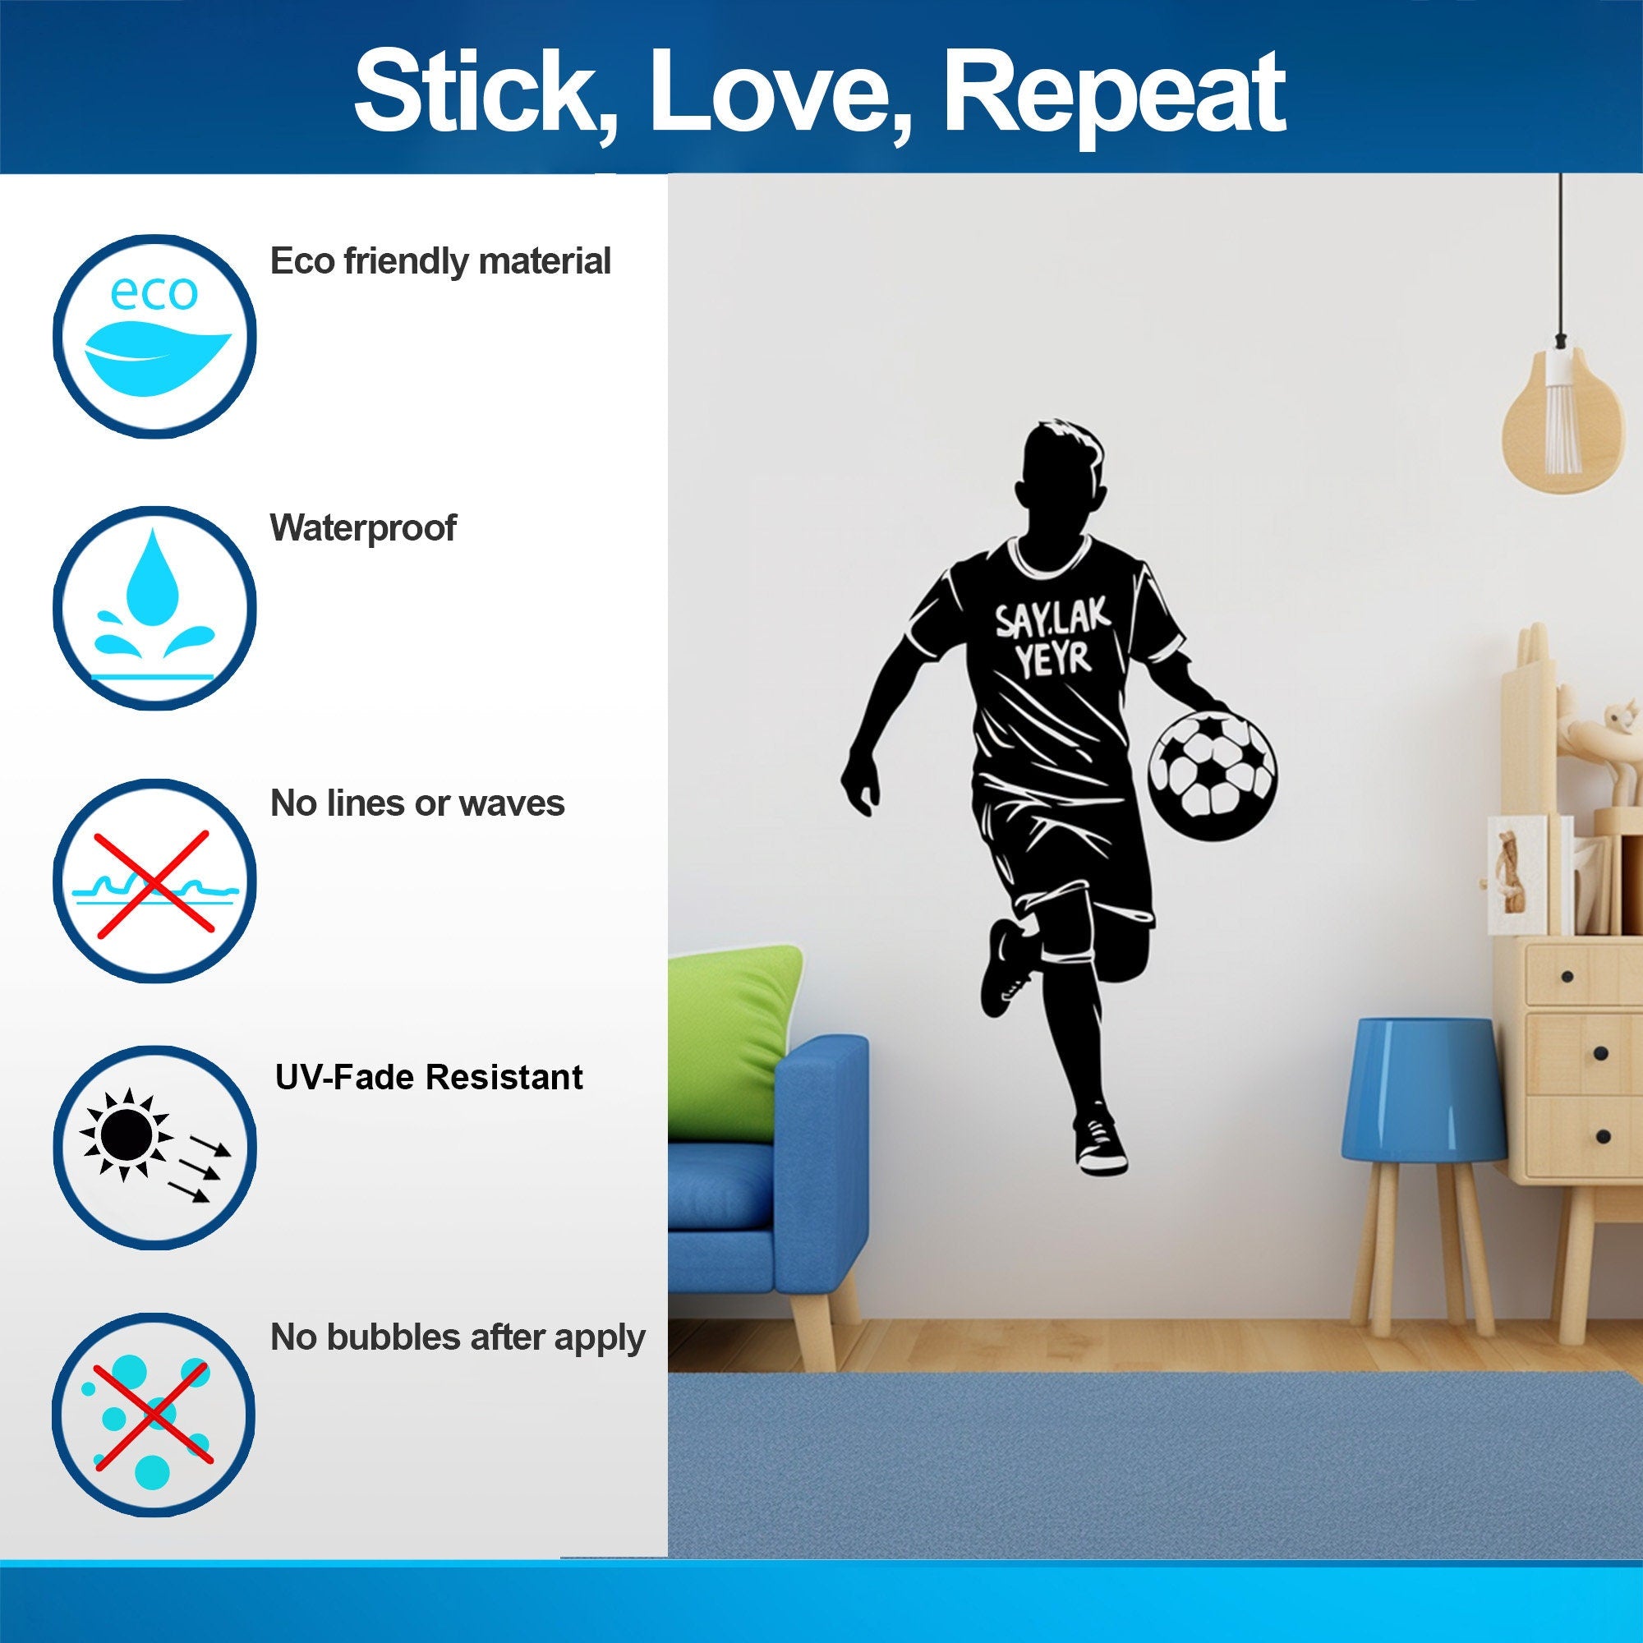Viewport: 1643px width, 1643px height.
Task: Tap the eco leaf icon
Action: click(x=154, y=336)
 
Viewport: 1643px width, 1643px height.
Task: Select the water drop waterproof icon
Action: click(x=154, y=608)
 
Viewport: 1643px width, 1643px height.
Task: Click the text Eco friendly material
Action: click(x=440, y=261)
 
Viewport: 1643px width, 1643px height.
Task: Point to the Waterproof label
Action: click(x=362, y=528)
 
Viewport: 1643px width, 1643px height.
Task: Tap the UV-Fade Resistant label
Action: click(x=429, y=1078)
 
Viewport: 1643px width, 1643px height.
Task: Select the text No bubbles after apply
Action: click(x=457, y=1337)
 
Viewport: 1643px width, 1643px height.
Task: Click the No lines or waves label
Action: click(x=417, y=803)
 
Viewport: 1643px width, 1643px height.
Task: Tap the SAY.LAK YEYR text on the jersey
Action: click(x=1053, y=637)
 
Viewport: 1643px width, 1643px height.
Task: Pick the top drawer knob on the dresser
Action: click(x=1567, y=976)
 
